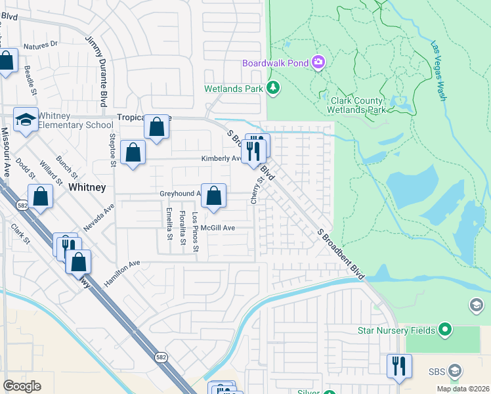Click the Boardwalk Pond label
[276, 63]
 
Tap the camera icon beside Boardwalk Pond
[318, 62]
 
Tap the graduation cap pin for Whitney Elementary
[26, 120]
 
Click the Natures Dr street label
[41, 46]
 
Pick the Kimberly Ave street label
[221, 158]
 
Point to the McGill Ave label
[217, 228]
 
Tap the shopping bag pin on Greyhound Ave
[213, 196]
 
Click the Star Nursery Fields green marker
[446, 329]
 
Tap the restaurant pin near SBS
[398, 365]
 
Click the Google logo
[22, 386]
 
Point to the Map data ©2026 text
[463, 389]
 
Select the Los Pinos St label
[195, 227]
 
